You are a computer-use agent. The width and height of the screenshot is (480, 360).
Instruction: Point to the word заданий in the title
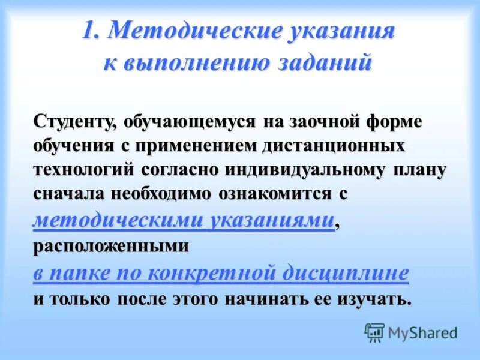click(324, 63)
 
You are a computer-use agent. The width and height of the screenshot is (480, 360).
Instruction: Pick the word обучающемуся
click(189, 121)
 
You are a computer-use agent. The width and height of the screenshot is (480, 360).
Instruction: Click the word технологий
click(83, 170)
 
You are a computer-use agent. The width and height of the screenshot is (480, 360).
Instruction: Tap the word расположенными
click(110, 246)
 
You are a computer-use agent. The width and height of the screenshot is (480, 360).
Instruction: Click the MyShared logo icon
click(375, 332)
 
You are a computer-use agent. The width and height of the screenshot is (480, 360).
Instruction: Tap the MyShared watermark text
click(422, 332)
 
